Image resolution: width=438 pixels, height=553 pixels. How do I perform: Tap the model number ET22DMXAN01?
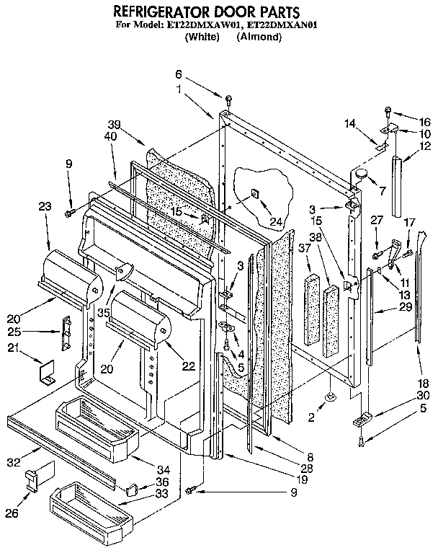coord(278,25)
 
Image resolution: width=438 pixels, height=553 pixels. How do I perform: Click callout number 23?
coord(45,206)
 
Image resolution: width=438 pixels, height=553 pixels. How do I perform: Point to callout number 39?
coord(114,124)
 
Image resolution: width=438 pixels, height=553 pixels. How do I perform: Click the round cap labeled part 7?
coord(360,174)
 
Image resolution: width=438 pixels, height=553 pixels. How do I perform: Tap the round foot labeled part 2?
coord(330,396)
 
